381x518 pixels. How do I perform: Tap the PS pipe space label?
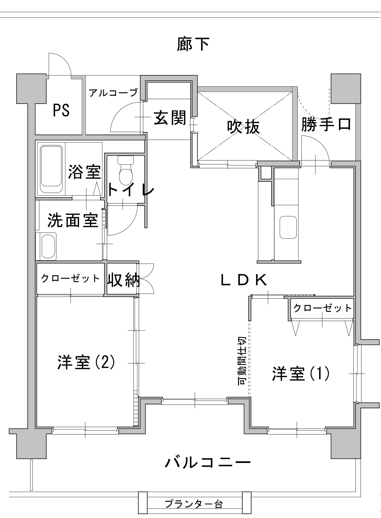(61, 110)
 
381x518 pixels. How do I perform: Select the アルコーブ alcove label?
(113, 93)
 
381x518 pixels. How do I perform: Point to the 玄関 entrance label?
(170, 118)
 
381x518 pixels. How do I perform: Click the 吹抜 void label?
(243, 127)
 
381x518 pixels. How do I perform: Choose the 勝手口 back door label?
(326, 124)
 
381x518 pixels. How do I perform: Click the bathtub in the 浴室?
(51, 169)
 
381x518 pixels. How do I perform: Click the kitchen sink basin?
(288, 227)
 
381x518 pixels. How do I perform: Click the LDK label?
(244, 280)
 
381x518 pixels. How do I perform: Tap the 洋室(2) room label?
(86, 362)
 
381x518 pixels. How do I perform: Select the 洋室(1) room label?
(301, 373)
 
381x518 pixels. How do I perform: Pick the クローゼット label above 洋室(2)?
(70, 278)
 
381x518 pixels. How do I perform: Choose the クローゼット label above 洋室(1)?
(323, 308)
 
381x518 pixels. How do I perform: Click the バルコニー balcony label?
(208, 462)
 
